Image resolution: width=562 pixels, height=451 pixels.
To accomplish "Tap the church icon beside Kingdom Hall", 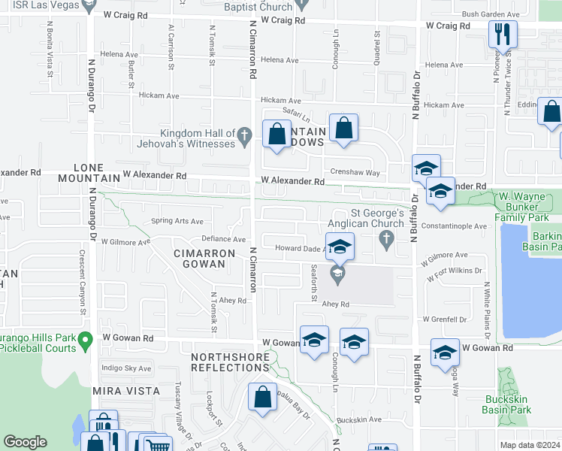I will click(x=243, y=137).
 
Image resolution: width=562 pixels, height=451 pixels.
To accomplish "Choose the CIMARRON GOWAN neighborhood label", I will click(x=199, y=259).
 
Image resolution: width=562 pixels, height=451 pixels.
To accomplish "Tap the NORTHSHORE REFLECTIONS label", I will click(x=230, y=362).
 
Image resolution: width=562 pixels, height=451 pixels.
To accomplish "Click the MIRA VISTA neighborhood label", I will click(x=126, y=392).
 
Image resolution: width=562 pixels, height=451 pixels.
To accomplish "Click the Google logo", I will click(x=25, y=442).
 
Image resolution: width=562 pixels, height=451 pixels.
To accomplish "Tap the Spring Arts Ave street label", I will click(x=177, y=222).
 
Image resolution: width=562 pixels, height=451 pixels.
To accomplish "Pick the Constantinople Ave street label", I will click(x=455, y=225).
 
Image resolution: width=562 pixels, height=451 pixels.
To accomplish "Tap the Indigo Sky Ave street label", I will click(x=125, y=368).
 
